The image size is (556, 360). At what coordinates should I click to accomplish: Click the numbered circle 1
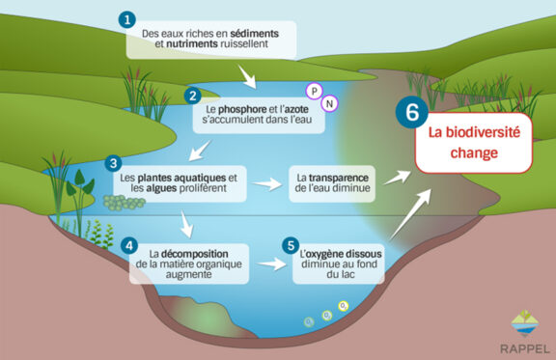pyautogui.click(x=128, y=19)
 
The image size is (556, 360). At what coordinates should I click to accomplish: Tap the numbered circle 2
pyautogui.click(x=193, y=96)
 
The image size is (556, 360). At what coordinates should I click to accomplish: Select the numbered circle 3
pyautogui.click(x=114, y=163)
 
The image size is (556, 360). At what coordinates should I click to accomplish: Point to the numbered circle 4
pyautogui.click(x=130, y=245)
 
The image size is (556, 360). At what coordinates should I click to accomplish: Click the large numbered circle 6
pyautogui.click(x=411, y=111)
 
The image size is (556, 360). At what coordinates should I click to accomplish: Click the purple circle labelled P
pyautogui.click(x=313, y=91)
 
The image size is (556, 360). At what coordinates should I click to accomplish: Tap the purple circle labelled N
pyautogui.click(x=331, y=103)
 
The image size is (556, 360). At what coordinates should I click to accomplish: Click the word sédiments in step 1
pyautogui.click(x=253, y=33)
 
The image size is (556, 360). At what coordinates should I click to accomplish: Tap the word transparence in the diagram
pyautogui.click(x=350, y=177)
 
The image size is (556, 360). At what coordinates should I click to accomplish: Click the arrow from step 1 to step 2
pyautogui.click(x=248, y=74)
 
